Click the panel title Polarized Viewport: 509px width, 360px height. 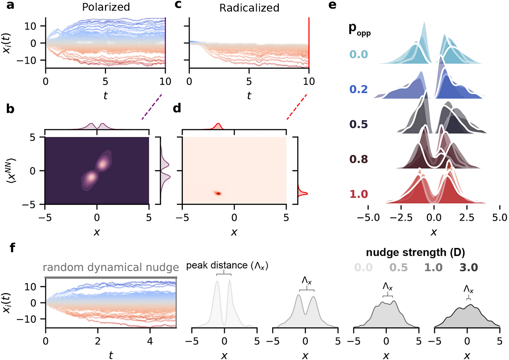pos(106,7)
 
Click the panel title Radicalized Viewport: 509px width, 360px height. pos(249,8)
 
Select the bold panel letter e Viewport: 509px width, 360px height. pos(332,5)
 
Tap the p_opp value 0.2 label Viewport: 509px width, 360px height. pos(359,89)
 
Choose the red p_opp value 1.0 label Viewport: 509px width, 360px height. pos(359,194)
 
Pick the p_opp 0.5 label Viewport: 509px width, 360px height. pos(359,124)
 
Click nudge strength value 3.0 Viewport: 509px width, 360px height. pos(469,267)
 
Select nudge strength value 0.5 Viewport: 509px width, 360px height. pos(398,267)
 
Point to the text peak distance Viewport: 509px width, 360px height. pos(217,265)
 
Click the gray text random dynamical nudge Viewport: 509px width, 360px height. pos(111,267)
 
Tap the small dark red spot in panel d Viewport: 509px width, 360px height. pos(217,193)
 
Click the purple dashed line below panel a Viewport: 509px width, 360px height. pos(152,107)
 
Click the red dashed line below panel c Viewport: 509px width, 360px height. pos(297,107)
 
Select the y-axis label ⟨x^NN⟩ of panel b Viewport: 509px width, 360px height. pos(11,171)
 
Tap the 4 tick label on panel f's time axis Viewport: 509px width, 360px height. pos(150,341)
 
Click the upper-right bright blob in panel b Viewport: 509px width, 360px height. pos(102,164)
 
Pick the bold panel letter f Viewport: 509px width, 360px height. pos(12,248)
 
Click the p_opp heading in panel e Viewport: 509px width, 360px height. pos(359,29)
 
